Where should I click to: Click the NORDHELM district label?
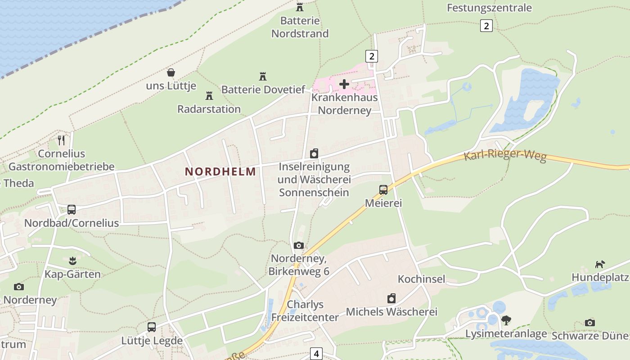click(220, 171)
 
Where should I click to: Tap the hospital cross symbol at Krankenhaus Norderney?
click(344, 84)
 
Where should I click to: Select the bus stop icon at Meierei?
click(383, 190)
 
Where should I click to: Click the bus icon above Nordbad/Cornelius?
click(72, 210)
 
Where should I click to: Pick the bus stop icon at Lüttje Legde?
click(152, 327)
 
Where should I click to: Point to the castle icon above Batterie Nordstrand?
click(300, 7)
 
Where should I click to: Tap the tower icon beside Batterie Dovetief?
click(263, 76)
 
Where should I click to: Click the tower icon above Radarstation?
click(209, 96)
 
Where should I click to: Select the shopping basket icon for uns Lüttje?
click(171, 72)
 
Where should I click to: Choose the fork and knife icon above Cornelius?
click(61, 140)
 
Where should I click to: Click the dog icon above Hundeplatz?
click(600, 264)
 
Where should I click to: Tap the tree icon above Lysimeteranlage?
click(506, 320)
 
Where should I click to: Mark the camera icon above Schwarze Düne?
click(590, 323)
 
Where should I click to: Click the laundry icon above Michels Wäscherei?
click(391, 298)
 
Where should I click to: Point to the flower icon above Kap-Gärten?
click(72, 261)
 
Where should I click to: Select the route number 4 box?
click(316, 354)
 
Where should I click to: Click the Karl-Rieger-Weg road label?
click(505, 157)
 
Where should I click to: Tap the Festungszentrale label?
click(489, 8)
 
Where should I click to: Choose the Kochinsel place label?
click(421, 279)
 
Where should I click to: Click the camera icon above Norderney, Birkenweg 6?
click(299, 246)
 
